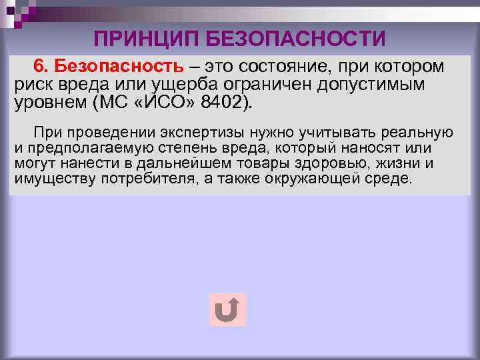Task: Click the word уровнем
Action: [x=49, y=104]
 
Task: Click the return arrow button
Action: [x=227, y=310]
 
